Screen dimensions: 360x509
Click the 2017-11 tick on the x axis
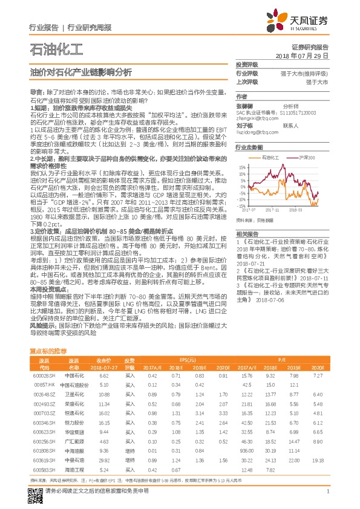pos(283,210)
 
